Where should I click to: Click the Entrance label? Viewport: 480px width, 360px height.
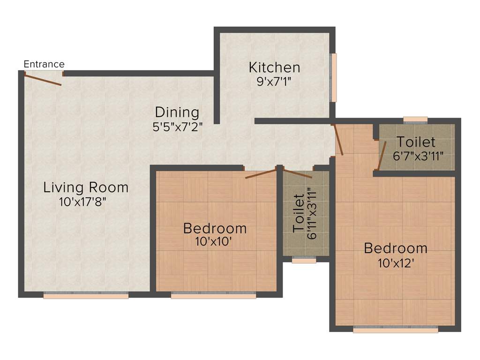pyautogui.click(x=44, y=64)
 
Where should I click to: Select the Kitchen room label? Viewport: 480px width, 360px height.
pyautogui.click(x=274, y=67)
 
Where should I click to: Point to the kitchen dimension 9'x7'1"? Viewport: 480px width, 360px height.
pyautogui.click(x=274, y=81)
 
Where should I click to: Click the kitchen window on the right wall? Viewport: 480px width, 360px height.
pyautogui.click(x=334, y=77)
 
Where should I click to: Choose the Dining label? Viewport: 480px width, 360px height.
pyautogui.click(x=177, y=112)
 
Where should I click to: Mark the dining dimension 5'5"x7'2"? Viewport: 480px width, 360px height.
pyautogui.click(x=177, y=127)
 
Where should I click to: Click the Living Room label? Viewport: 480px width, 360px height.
pyautogui.click(x=86, y=187)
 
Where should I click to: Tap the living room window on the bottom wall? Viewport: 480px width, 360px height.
pyautogui.click(x=86, y=296)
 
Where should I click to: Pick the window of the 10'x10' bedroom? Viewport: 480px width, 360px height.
pyautogui.click(x=213, y=296)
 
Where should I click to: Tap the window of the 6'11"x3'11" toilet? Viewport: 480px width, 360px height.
pyautogui.click(x=304, y=260)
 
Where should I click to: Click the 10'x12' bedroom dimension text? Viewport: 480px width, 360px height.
pyautogui.click(x=396, y=262)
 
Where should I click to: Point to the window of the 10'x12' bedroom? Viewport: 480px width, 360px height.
pyautogui.click(x=395, y=330)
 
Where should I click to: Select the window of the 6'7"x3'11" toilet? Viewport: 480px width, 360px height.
pyautogui.click(x=415, y=120)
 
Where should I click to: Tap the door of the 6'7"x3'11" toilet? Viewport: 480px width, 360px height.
pyautogui.click(x=382, y=155)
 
